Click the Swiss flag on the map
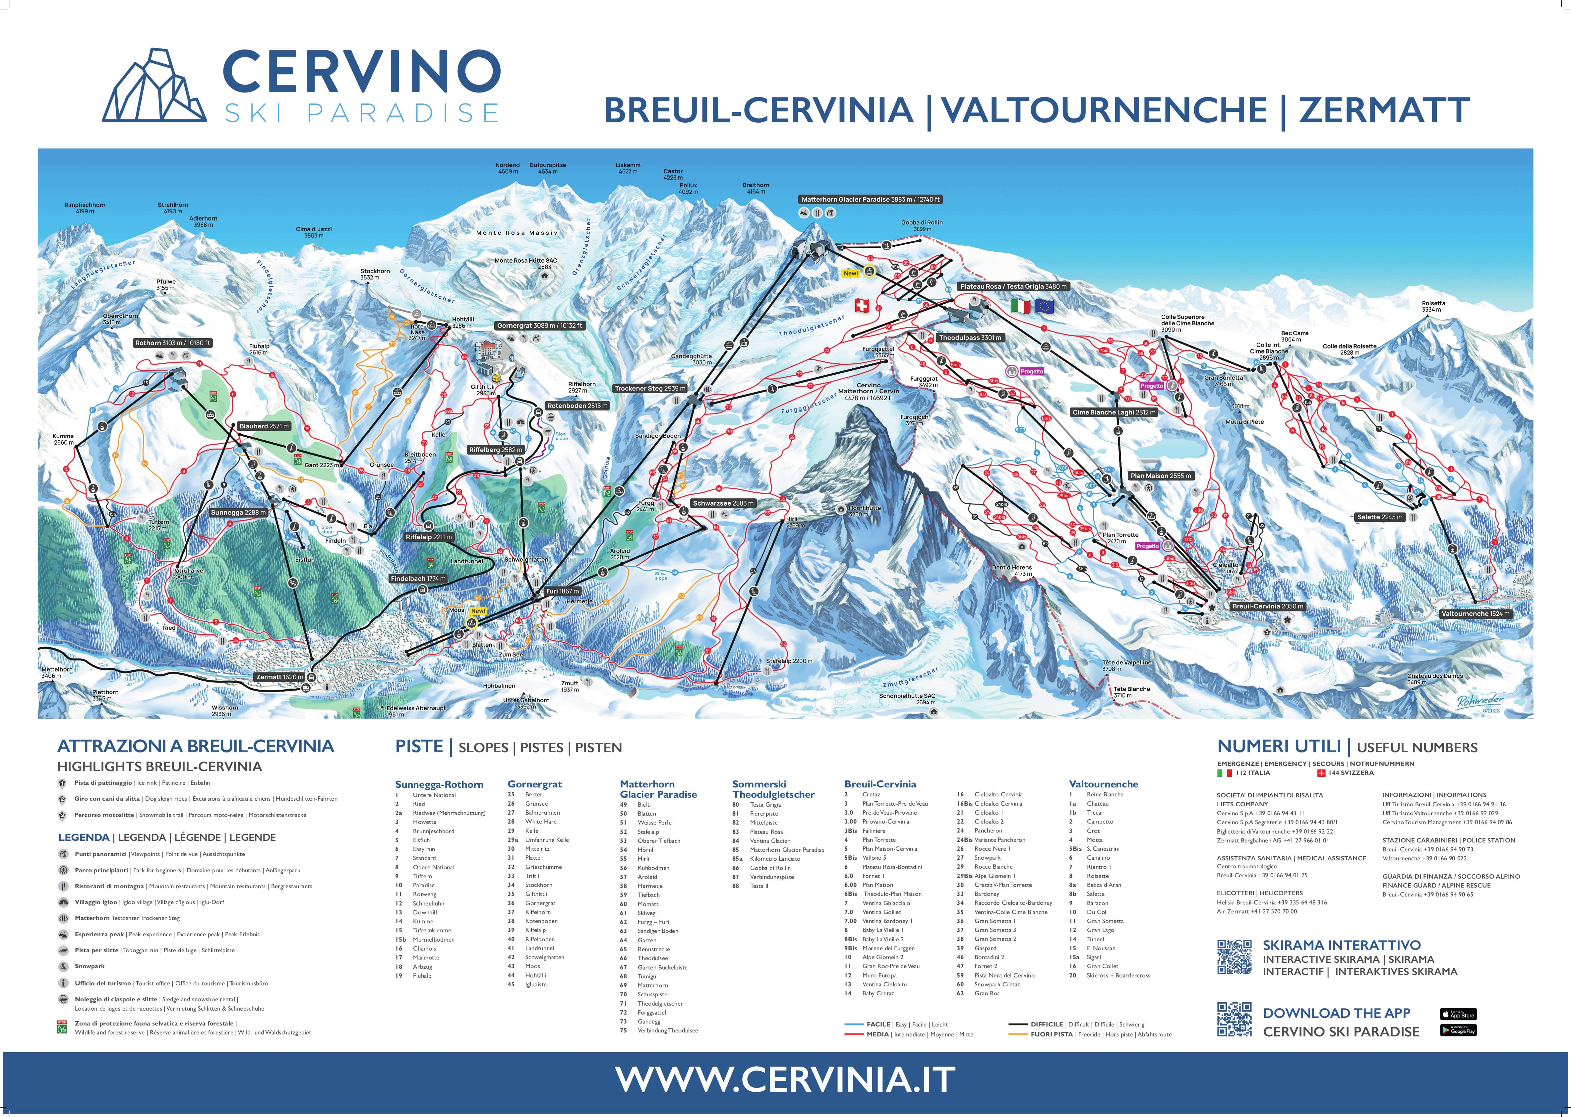coord(862,305)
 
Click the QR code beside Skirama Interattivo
coord(1234,957)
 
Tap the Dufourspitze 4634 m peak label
coord(547,168)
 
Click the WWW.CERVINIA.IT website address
coord(785,1079)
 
